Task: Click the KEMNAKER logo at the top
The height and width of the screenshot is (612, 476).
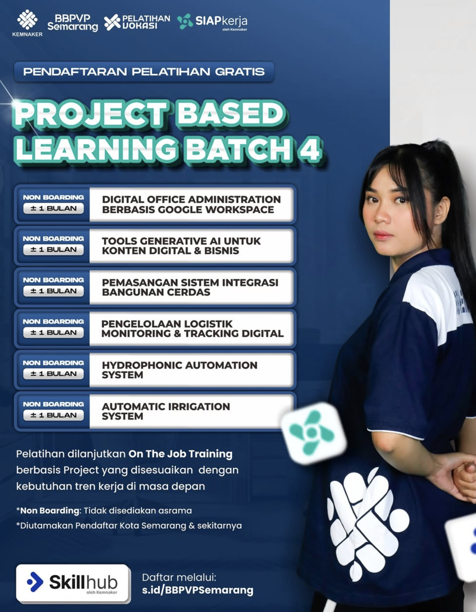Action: click(27, 23)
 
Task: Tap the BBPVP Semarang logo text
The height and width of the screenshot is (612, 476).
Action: click(73, 23)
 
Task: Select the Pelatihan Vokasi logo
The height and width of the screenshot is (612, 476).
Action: click(137, 22)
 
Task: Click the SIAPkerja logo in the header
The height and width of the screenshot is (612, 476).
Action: click(212, 21)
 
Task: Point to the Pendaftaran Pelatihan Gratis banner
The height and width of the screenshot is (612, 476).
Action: click(144, 72)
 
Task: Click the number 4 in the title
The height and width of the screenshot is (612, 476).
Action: click(310, 149)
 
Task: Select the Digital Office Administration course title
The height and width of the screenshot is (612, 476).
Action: click(191, 205)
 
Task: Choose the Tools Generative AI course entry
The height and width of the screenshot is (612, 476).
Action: click(181, 246)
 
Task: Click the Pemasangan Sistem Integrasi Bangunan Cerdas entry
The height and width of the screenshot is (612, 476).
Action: click(190, 287)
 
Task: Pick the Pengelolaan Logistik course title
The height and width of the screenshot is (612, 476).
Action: click(192, 329)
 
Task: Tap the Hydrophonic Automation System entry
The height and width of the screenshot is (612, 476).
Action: click(179, 370)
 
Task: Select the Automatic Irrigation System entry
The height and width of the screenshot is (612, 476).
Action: click(166, 411)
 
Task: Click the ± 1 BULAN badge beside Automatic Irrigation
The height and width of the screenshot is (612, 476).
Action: click(54, 415)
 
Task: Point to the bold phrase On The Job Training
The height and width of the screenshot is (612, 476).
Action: click(180, 454)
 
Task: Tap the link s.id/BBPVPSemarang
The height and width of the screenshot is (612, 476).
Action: click(198, 590)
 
